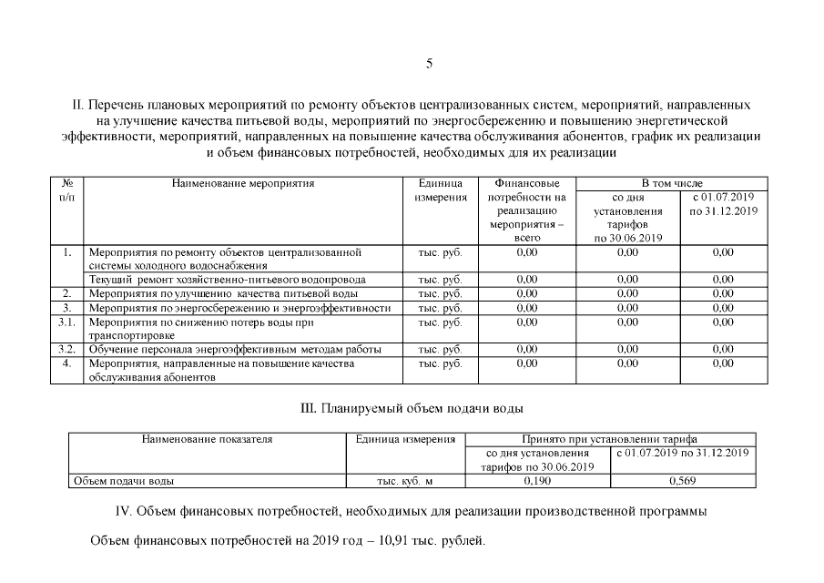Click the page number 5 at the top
click(429, 64)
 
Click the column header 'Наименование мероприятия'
click(243, 183)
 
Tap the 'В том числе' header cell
click(672, 183)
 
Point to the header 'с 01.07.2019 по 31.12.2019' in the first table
click(723, 204)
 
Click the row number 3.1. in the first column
click(66, 322)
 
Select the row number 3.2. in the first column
click(66, 349)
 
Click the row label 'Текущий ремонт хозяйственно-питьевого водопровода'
click(227, 280)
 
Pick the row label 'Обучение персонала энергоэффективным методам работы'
click(234, 349)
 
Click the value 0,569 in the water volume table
click(683, 480)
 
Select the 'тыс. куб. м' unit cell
click(404, 480)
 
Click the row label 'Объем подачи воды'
click(124, 480)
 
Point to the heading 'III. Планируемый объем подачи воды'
click(412, 408)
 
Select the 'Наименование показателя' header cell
click(207, 439)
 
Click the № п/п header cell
click(66, 189)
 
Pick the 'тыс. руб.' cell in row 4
click(440, 363)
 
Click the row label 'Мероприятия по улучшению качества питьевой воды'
click(223, 293)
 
